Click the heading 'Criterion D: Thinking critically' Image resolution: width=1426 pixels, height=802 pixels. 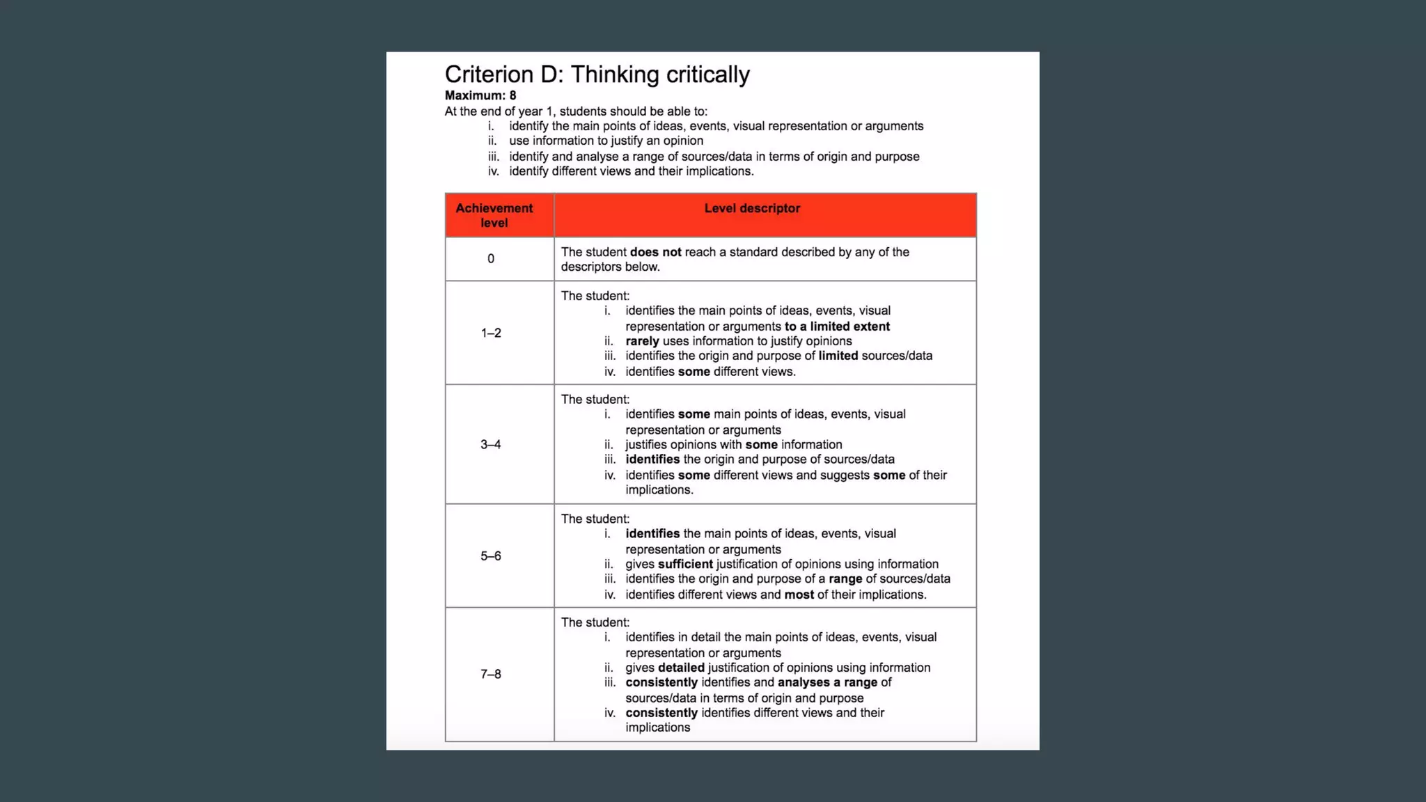coord(597,74)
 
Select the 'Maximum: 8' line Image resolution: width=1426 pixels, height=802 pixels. coord(480,95)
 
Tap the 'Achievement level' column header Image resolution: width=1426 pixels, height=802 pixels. coord(494,215)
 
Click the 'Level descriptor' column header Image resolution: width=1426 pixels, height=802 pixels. coord(752,208)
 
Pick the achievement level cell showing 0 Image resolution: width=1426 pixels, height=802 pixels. coord(491,259)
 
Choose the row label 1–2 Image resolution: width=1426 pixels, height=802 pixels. coord(491,333)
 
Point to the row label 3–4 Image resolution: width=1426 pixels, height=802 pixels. coord(491,444)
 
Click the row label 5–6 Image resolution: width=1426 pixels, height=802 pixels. coord(491,556)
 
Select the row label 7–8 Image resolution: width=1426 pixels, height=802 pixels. coord(491,674)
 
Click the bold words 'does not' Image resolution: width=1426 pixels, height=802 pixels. coord(655,252)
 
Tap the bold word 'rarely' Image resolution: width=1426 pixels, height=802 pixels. coord(642,341)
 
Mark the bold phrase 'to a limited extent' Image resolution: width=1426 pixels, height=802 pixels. coord(837,327)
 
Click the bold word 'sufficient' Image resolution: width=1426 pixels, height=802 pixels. coord(685,564)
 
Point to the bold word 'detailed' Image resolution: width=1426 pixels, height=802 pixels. coord(681,668)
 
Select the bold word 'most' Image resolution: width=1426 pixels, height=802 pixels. coord(799,595)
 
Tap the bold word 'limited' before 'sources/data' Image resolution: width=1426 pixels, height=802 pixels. coord(838,356)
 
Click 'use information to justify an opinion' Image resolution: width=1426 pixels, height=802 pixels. coord(606,141)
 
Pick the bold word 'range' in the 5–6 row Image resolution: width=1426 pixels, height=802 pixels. coord(845,579)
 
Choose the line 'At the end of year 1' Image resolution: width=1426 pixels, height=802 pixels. coord(576,111)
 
